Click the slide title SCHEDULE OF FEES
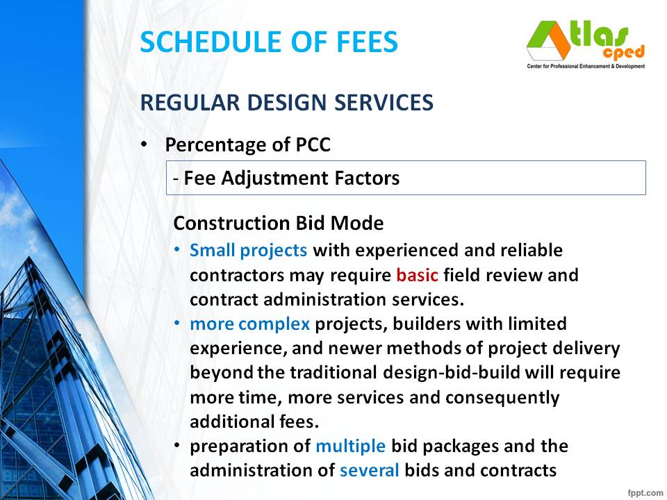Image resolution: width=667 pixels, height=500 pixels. click(x=269, y=42)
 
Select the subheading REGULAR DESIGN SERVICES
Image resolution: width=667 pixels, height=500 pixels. click(x=287, y=103)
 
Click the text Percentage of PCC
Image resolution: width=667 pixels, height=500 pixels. click(x=247, y=145)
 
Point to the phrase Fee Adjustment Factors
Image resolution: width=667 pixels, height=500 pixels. click(x=292, y=178)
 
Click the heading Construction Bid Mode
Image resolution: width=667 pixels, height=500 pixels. click(x=278, y=224)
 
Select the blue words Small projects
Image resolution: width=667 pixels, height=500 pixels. click(x=249, y=249)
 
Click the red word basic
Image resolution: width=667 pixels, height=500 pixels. click(x=417, y=274)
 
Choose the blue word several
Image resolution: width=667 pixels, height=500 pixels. click(x=370, y=470)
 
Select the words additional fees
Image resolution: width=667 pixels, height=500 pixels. click(x=254, y=422)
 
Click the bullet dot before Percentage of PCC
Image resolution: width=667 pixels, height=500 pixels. click(x=144, y=144)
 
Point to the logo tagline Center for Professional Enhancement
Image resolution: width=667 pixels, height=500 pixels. click(x=585, y=67)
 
